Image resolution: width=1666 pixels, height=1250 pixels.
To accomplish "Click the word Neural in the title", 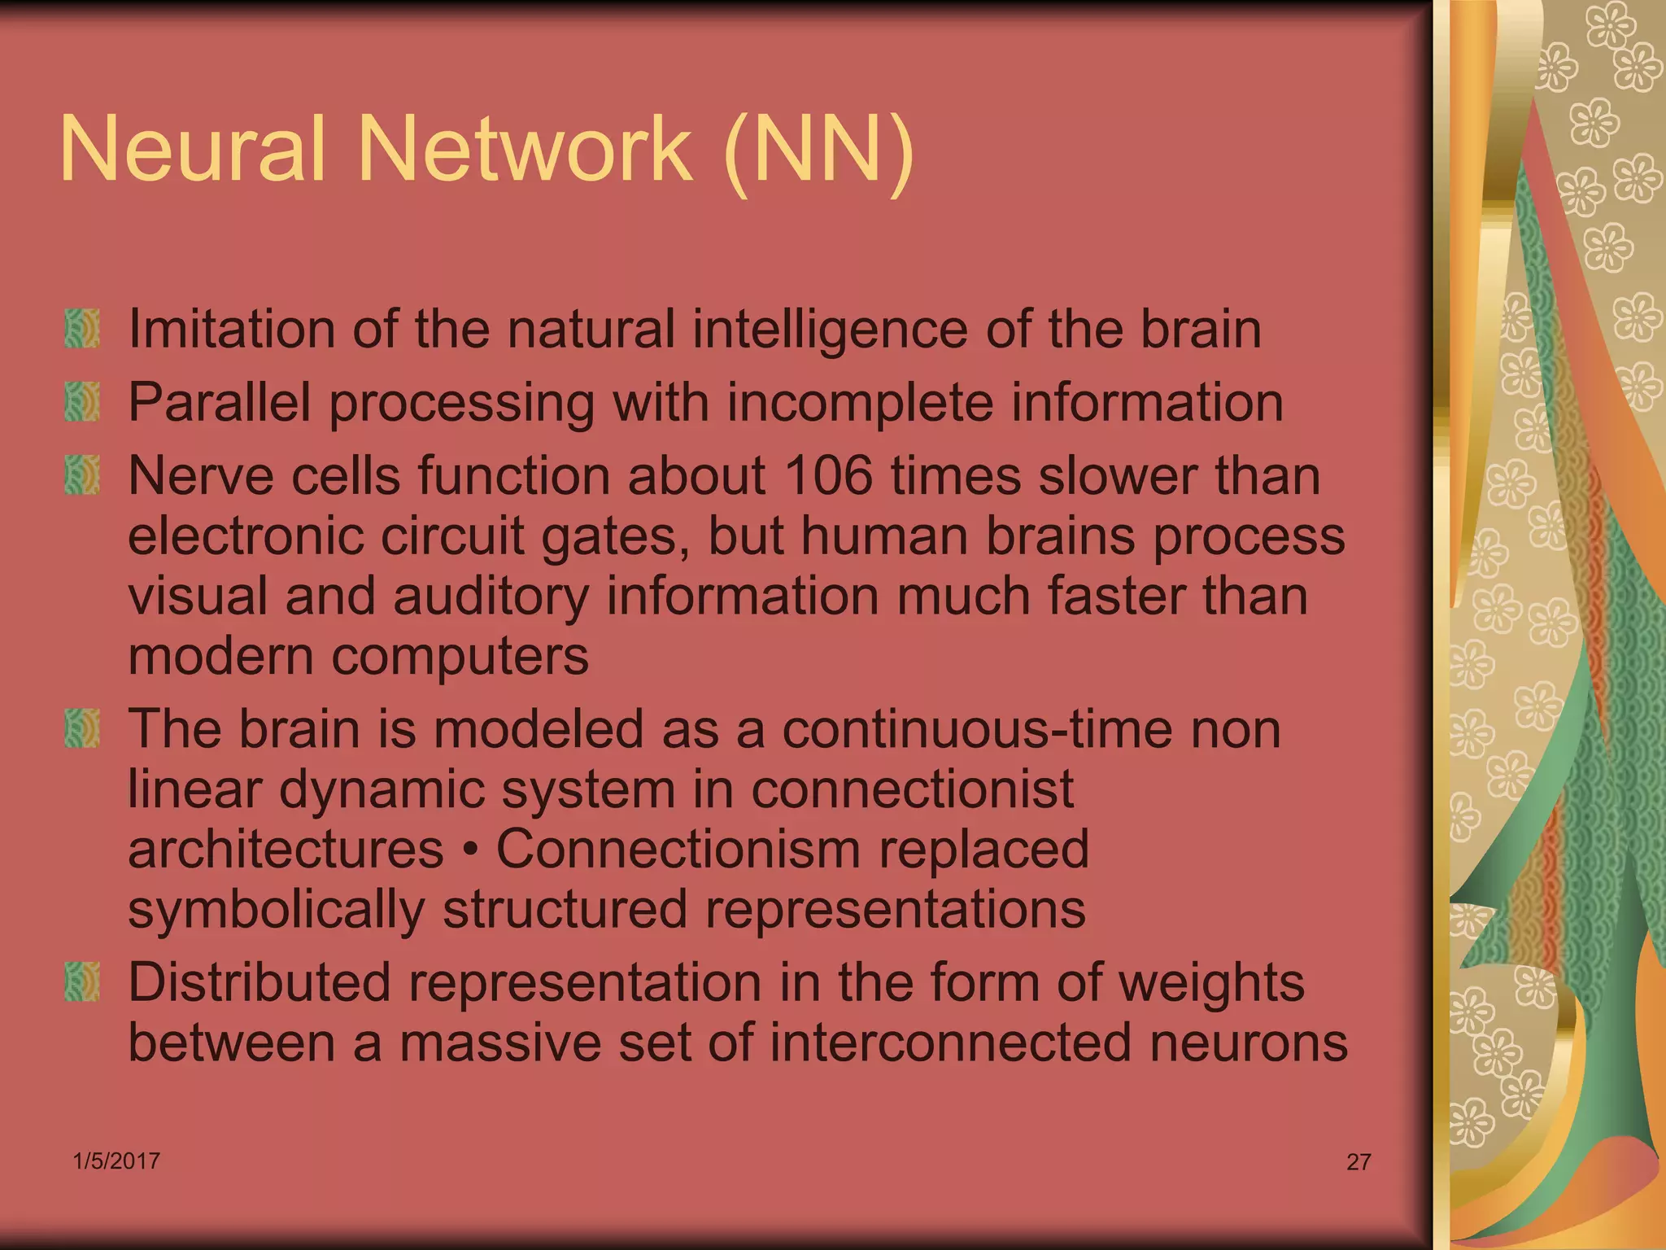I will (x=193, y=149).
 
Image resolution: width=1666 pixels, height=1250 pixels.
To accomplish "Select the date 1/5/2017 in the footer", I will (x=116, y=1160).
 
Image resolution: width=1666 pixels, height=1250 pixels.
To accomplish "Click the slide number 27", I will (x=1359, y=1161).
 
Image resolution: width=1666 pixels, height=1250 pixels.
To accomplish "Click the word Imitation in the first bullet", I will (x=232, y=329).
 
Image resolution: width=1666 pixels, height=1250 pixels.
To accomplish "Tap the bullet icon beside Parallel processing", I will (x=82, y=402).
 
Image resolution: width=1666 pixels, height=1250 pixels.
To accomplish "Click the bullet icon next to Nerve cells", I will (x=82, y=475).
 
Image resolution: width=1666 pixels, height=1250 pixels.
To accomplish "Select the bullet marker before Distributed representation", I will (x=82, y=981).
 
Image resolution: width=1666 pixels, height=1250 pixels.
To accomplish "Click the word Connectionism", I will (x=678, y=849).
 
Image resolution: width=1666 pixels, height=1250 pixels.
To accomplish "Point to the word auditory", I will (x=491, y=597).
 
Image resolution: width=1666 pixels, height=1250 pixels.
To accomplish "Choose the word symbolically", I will (x=276, y=910).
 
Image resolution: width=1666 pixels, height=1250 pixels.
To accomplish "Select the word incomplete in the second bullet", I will (x=859, y=402).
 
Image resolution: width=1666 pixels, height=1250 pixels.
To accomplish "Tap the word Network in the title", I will (x=525, y=149).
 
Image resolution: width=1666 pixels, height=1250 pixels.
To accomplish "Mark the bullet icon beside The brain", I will (x=82, y=728).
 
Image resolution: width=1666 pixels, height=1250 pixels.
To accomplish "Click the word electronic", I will (x=244, y=536).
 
